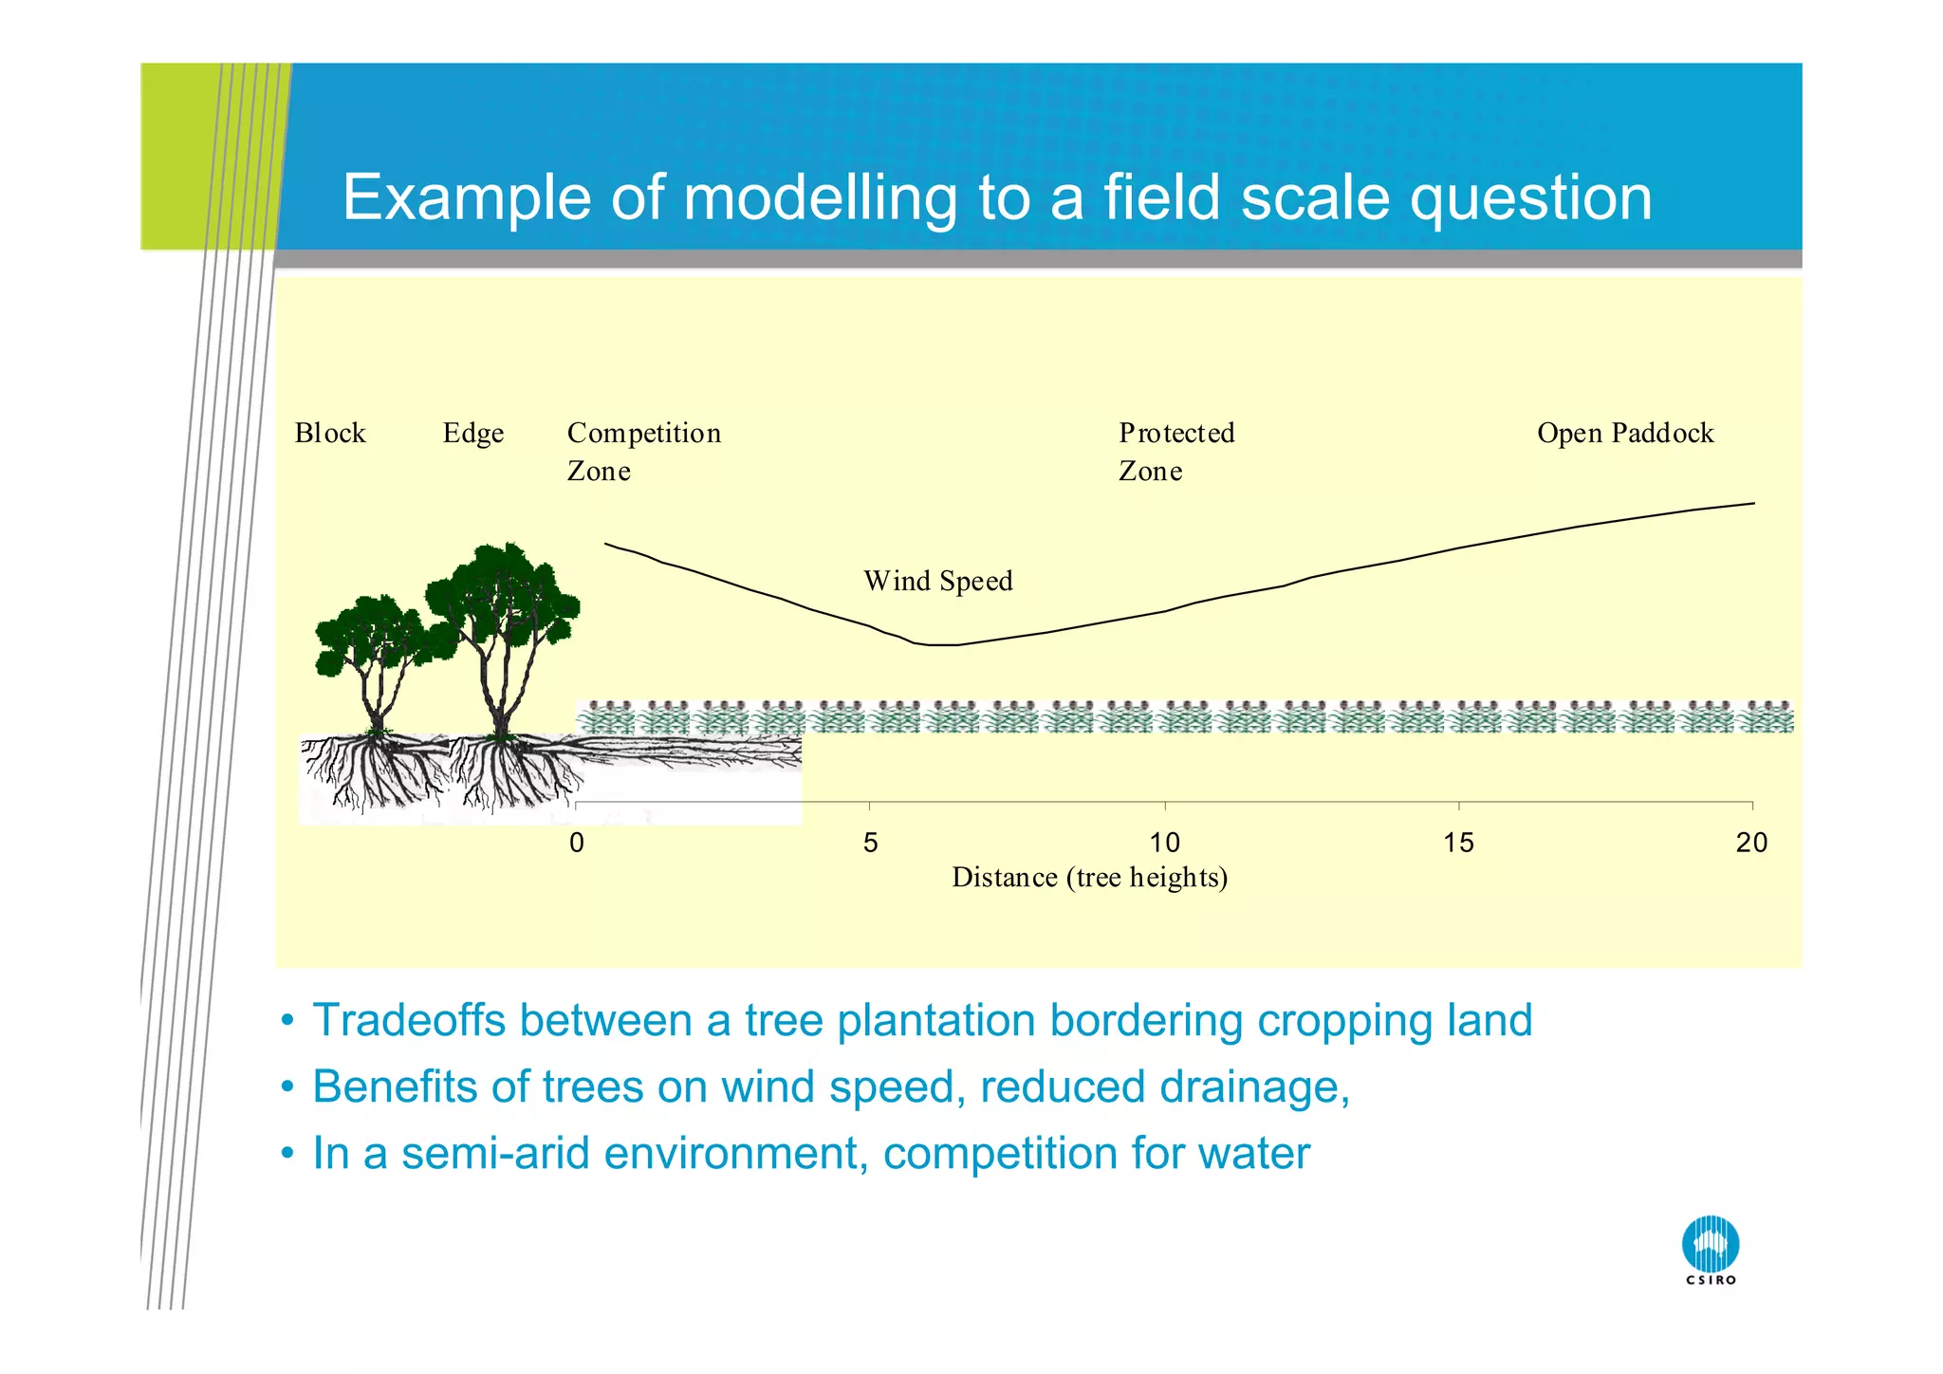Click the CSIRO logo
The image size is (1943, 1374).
click(1711, 1248)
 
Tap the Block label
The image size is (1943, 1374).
click(329, 434)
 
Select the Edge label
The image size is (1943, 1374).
click(472, 434)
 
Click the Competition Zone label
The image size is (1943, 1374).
click(643, 452)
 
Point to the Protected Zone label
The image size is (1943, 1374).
click(1175, 452)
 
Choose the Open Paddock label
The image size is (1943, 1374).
click(1624, 434)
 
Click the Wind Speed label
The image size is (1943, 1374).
click(937, 581)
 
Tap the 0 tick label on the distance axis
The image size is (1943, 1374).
click(577, 843)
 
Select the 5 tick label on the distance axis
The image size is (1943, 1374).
click(870, 843)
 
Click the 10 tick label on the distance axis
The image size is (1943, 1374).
click(1164, 843)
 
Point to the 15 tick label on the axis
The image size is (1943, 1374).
click(1458, 843)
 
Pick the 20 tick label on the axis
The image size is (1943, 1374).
click(1751, 843)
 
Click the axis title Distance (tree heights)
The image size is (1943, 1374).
click(1089, 877)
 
